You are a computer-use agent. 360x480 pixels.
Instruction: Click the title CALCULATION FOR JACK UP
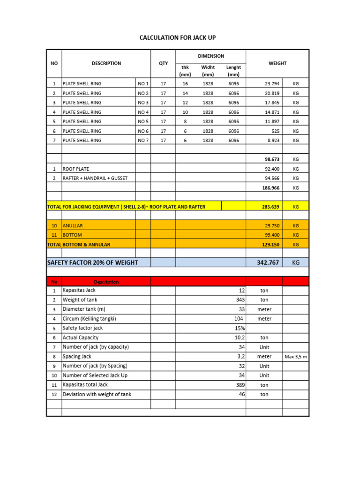[x=178, y=37]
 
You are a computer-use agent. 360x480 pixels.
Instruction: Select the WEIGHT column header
[x=277, y=63]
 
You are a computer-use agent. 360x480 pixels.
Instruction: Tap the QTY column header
[x=163, y=63]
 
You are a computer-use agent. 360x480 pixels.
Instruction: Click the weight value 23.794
[x=272, y=84]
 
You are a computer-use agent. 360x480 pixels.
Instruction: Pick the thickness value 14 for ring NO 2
[x=185, y=93]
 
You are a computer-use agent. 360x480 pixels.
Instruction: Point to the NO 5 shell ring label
[x=143, y=121]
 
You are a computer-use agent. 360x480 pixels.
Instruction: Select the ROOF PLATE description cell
[x=76, y=169]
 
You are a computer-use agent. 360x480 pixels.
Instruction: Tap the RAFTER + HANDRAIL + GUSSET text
[x=95, y=178]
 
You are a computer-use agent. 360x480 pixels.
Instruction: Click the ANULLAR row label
[x=73, y=225]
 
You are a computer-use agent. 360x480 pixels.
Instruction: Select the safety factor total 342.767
[x=268, y=262]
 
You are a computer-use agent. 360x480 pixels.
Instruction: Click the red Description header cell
[x=106, y=282]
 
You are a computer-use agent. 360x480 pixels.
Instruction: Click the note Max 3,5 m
[x=295, y=357]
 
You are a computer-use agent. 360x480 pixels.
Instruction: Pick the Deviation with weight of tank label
[x=97, y=394]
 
